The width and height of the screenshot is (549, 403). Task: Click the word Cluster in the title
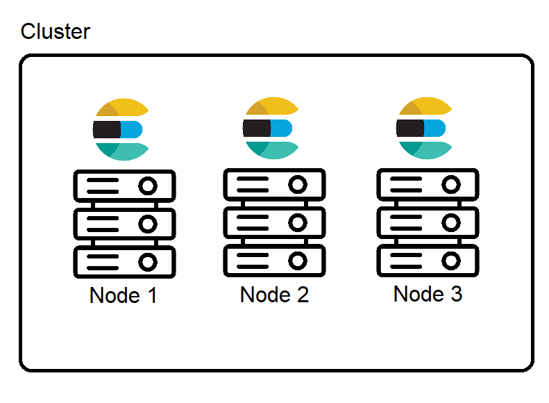click(56, 32)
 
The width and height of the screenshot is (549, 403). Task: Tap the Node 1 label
click(124, 295)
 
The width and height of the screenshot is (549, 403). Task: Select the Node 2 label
click(274, 295)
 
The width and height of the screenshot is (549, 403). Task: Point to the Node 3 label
click(428, 294)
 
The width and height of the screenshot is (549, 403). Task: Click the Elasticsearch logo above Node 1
click(121, 129)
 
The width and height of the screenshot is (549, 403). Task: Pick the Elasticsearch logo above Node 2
click(271, 129)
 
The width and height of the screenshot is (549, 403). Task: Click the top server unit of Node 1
click(124, 186)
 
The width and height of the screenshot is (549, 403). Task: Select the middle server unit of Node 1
click(124, 224)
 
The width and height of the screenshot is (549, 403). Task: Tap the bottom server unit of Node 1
click(124, 261)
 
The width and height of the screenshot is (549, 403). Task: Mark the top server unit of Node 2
click(274, 185)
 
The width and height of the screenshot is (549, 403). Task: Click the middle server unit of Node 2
click(274, 222)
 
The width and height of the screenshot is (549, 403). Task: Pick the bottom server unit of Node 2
click(274, 261)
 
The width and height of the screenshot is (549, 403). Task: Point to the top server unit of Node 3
click(428, 185)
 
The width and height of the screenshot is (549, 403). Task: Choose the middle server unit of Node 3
click(428, 222)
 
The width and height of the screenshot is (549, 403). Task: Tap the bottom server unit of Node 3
click(428, 261)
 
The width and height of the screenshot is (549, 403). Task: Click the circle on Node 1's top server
click(147, 186)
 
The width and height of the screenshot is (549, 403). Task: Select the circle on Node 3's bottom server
click(451, 261)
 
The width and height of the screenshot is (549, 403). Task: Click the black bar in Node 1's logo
click(106, 129)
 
